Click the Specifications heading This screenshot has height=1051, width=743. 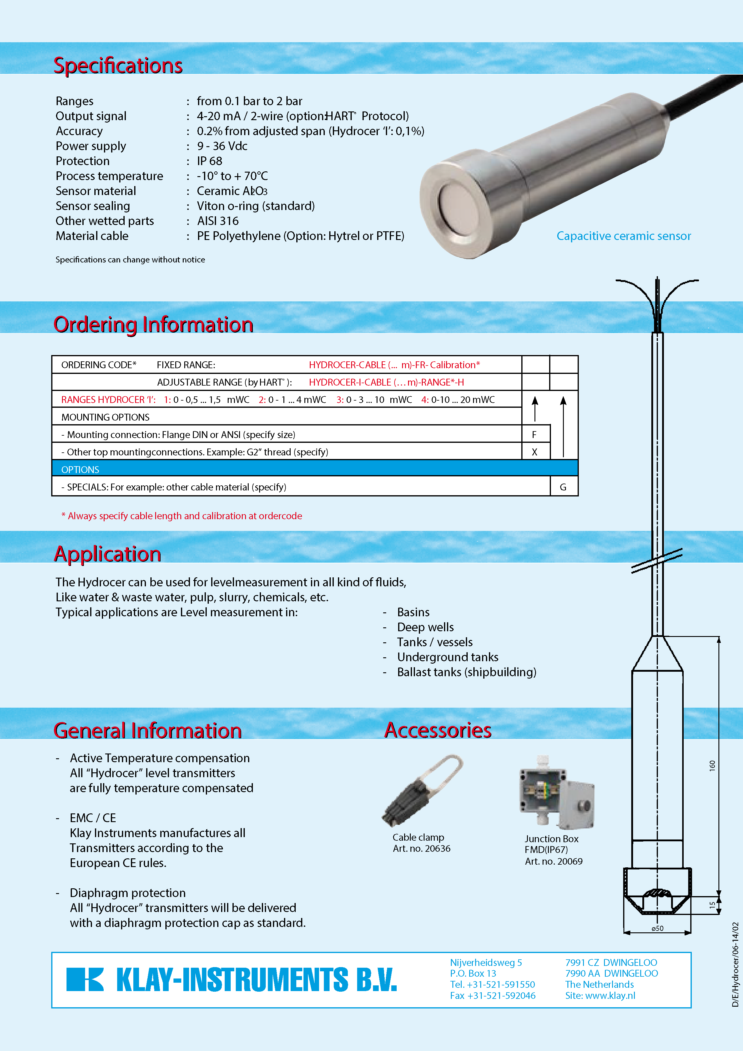[118, 65]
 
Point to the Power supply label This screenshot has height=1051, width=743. [91, 146]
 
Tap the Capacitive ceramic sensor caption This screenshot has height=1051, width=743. [623, 236]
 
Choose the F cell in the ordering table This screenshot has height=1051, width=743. [534, 434]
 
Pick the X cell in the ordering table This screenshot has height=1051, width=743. [534, 452]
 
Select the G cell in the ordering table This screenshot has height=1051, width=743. [563, 487]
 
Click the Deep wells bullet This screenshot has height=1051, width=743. [425, 627]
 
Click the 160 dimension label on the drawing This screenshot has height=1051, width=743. [712, 765]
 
